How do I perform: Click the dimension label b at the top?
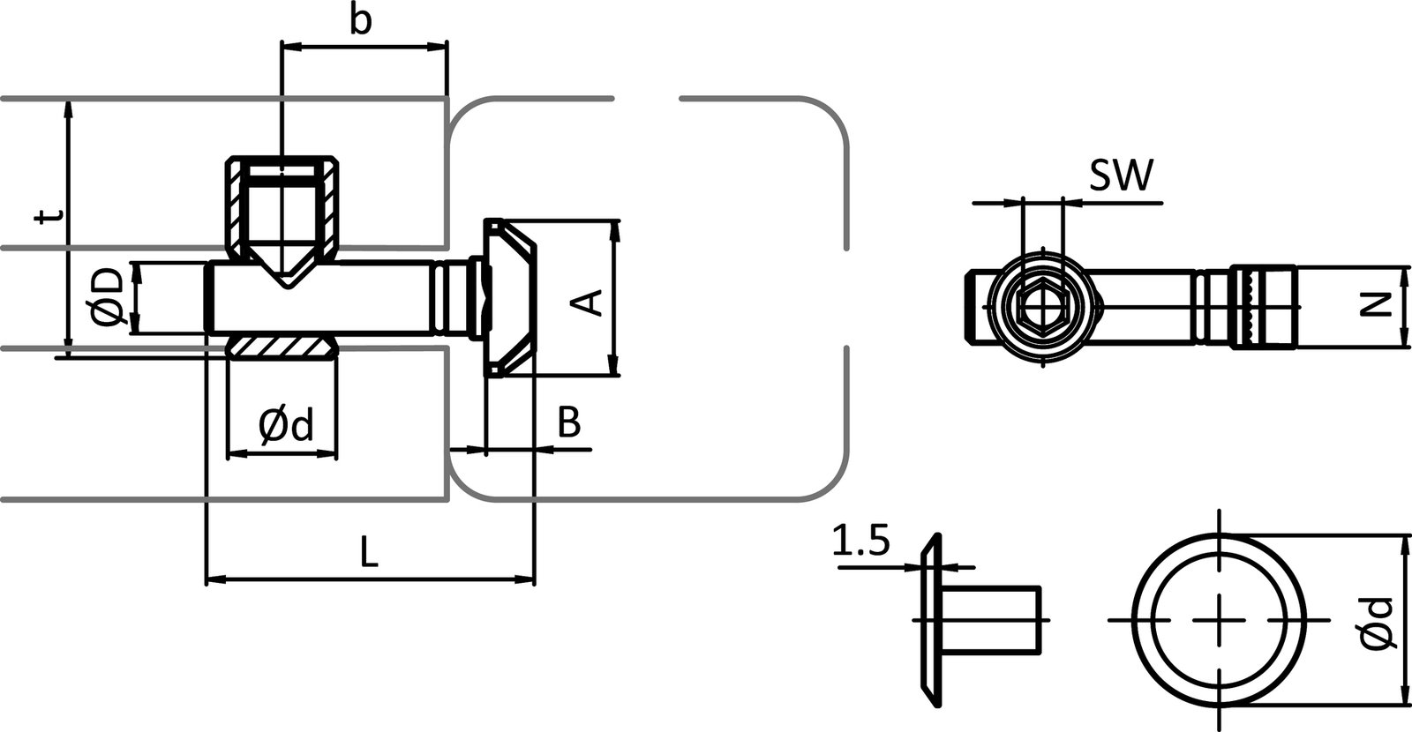(359, 21)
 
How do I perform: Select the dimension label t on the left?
(51, 218)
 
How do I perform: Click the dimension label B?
(570, 423)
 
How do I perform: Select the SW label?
(1120, 177)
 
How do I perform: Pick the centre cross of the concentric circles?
(1220, 620)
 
